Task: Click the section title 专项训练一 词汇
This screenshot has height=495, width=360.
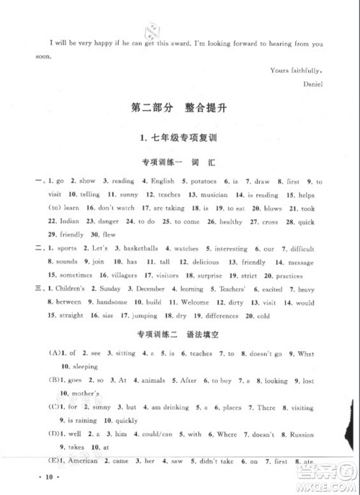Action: [179, 163]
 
